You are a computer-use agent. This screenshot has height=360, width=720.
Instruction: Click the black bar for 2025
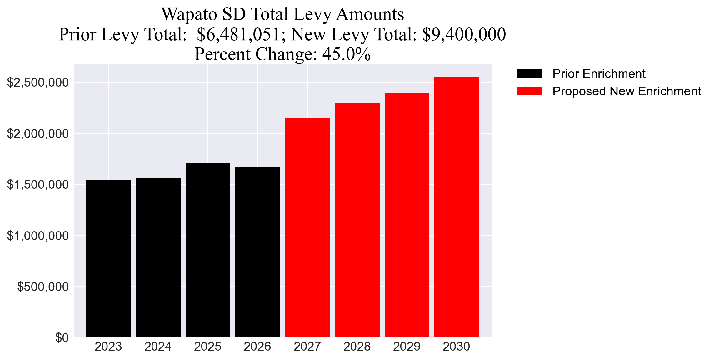pos(208,250)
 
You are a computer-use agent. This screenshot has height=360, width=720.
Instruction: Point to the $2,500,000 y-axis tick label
pos(38,82)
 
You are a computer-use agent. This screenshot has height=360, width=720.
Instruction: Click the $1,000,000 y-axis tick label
pos(38,236)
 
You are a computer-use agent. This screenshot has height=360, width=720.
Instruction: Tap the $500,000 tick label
pos(43,287)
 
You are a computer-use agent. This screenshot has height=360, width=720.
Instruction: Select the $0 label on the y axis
pos(62,337)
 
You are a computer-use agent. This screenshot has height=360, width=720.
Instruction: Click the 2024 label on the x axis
pos(158,347)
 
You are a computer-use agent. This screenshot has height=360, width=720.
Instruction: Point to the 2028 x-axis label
pos(357,347)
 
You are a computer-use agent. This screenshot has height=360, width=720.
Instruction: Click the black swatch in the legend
pos(530,74)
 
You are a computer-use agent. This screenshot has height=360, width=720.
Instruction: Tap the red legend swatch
pos(530,91)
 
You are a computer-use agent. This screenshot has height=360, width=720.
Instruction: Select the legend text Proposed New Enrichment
pos(627,91)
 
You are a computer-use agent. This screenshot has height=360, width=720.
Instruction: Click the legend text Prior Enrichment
pos(599,74)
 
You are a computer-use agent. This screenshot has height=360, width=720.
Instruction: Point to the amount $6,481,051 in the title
pos(239,34)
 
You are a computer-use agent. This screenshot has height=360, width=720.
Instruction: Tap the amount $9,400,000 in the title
pos(464,34)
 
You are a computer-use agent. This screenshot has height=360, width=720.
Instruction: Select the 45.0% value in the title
pos(346,54)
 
